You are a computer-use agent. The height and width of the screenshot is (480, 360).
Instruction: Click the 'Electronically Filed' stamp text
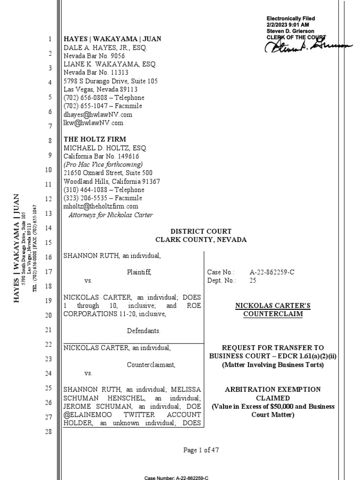(x=291, y=18)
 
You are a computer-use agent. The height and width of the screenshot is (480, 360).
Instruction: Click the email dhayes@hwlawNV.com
(x=98, y=114)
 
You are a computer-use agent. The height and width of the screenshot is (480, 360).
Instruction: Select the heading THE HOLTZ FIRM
(x=95, y=139)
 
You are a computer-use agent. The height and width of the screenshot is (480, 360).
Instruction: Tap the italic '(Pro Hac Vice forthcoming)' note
(x=103, y=165)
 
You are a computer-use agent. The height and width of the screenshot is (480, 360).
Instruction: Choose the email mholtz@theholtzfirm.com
(x=101, y=206)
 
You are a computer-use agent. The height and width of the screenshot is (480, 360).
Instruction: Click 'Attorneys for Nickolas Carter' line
(x=111, y=215)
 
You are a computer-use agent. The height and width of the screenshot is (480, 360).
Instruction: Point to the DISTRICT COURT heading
(x=201, y=232)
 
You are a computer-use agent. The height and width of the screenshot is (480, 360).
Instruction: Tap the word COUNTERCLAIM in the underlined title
(x=273, y=314)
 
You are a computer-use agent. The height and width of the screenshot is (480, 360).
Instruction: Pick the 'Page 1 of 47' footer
(x=201, y=450)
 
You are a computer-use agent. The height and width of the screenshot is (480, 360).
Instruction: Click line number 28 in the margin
(x=49, y=432)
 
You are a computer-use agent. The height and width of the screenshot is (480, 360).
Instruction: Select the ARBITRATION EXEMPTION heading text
(x=273, y=390)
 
